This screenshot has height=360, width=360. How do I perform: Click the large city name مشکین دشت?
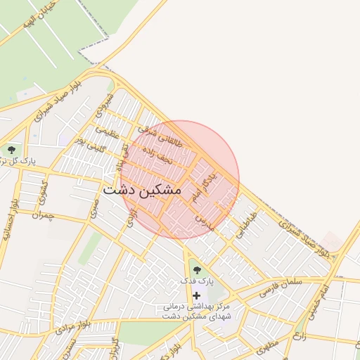141,190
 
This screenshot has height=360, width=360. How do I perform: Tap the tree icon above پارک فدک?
196,269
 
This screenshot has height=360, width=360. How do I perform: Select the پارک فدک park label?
196,281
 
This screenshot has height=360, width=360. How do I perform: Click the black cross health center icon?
196,295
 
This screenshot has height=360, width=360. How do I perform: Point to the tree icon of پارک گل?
11,149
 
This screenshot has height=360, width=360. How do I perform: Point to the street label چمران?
43,216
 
